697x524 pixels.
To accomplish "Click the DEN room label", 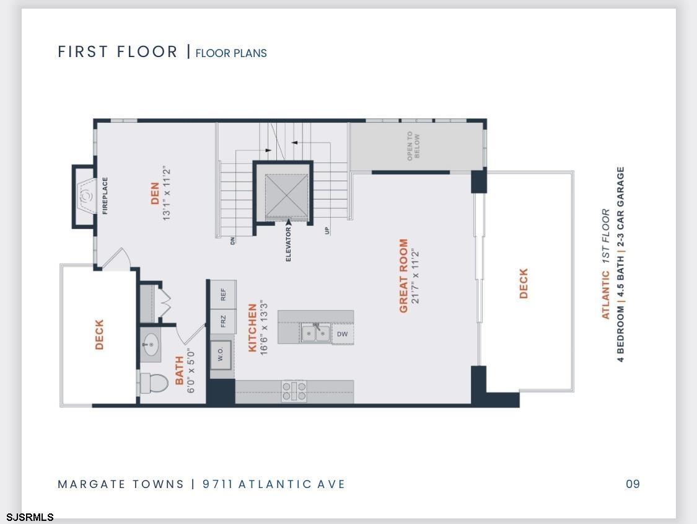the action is point(155,193).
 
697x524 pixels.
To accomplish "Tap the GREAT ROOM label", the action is point(403,276).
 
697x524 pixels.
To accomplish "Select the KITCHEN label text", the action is point(253,328).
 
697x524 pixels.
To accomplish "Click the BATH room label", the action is point(179,370).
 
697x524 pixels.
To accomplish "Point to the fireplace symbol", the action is point(85,196).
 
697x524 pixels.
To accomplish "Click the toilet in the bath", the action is point(154,383).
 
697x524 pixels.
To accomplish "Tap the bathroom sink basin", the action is point(151,344).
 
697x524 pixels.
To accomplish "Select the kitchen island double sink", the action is point(315,333).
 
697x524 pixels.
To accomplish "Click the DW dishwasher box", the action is point(342,334).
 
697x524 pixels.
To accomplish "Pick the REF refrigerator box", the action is point(223,295).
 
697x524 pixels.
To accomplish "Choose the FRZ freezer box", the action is point(223,321).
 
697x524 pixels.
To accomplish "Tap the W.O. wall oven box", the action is point(221,355).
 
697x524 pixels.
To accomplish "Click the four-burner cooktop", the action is point(294,391).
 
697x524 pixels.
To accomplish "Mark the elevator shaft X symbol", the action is point(286,196).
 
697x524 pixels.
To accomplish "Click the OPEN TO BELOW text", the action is point(413,146).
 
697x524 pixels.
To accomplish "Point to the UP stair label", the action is point(327,231).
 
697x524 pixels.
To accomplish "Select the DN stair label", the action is point(232,241).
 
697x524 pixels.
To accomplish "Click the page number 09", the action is point(633,484).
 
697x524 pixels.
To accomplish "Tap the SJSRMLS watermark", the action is point(30,517).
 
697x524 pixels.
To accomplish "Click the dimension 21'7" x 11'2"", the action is point(416,276).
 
